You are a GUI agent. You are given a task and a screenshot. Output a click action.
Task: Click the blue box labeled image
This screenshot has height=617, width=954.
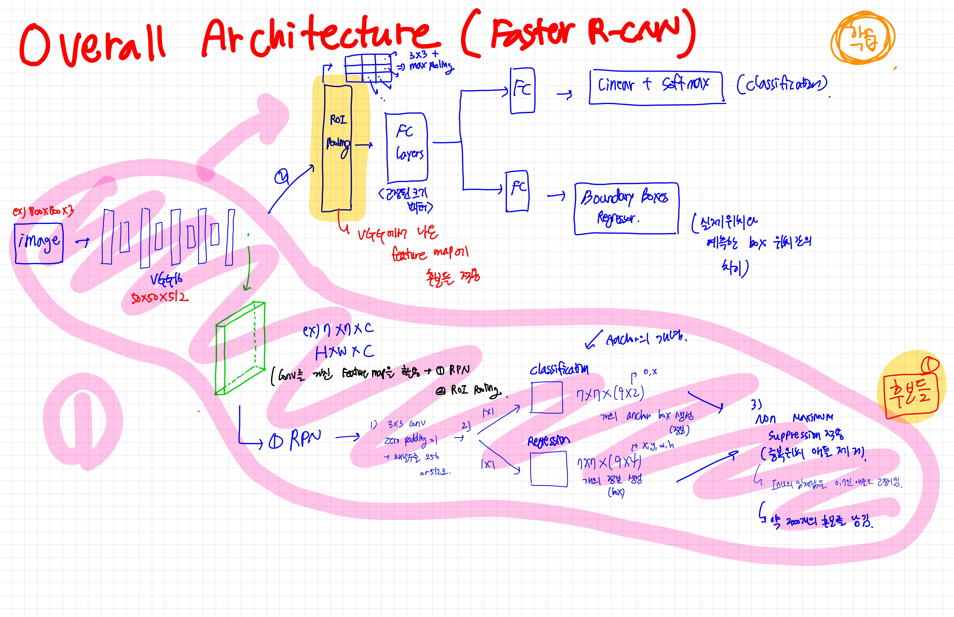pyautogui.click(x=39, y=243)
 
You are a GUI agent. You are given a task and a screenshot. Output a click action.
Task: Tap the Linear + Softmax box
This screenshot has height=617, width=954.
pyautogui.click(x=657, y=87)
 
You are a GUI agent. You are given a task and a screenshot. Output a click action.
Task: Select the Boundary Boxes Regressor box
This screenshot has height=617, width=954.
pyautogui.click(x=626, y=208)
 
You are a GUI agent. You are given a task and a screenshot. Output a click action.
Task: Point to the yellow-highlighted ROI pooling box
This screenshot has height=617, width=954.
pyautogui.click(x=337, y=148)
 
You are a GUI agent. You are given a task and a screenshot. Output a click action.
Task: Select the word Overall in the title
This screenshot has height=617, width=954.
pyautogui.click(x=92, y=44)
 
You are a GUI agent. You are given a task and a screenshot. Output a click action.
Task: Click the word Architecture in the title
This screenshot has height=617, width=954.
pyautogui.click(x=321, y=36)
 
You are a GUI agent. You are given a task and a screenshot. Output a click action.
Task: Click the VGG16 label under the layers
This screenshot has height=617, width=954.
pyautogui.click(x=166, y=279)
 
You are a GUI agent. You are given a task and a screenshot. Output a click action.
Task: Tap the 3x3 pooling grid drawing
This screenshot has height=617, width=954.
pyautogui.click(x=368, y=68)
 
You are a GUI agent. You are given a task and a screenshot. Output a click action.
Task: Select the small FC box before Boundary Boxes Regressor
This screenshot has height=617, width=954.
pyautogui.click(x=517, y=191)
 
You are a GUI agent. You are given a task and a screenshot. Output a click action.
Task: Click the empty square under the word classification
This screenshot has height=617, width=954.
pyautogui.click(x=547, y=397)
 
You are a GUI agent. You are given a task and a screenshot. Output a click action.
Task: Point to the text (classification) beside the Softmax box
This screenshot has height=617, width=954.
pyautogui.click(x=782, y=84)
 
